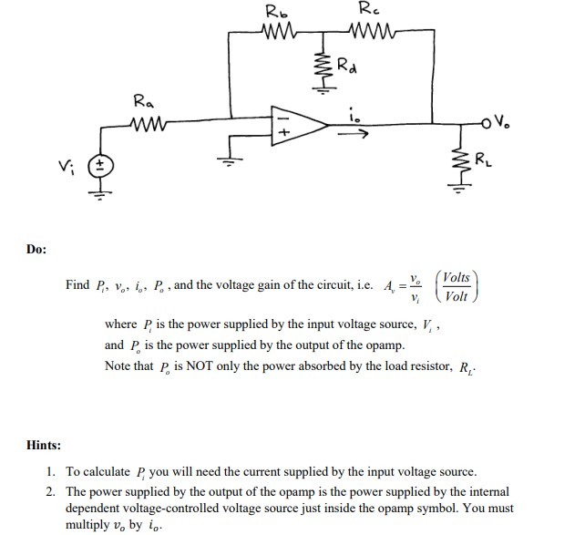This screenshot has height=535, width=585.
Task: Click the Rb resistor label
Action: [x=273, y=12]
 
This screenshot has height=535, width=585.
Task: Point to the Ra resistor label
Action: [x=144, y=101]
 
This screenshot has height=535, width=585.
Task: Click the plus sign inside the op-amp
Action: [x=282, y=133]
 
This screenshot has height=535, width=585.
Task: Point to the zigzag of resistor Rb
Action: [x=274, y=35]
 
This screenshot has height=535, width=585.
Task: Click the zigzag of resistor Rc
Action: [x=367, y=35]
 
